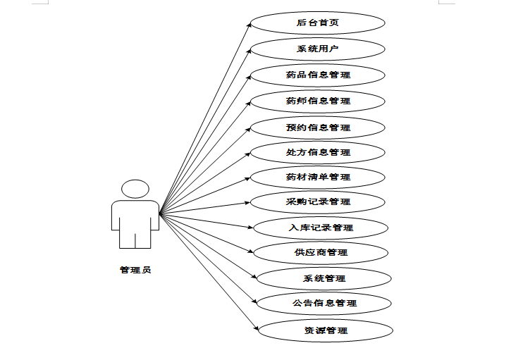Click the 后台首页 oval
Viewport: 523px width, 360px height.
[x=318, y=23]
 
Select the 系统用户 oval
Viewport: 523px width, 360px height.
[x=318, y=49]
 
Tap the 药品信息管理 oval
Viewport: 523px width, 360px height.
[x=318, y=75]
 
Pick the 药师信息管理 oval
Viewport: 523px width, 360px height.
[x=318, y=101]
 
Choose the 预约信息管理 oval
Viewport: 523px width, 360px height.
[x=318, y=128]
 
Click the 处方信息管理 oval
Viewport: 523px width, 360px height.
[x=318, y=152]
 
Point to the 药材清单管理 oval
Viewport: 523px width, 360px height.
[x=318, y=177]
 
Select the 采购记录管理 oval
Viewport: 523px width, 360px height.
[x=318, y=202]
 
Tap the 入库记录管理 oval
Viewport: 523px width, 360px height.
[x=321, y=228]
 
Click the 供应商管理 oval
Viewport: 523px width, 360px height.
[x=321, y=252]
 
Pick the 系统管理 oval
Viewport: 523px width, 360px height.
[x=324, y=278]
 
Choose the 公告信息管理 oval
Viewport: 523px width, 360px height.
[x=324, y=303]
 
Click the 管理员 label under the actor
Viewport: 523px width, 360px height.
[x=135, y=269]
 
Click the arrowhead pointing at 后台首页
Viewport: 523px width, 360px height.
[x=249, y=25]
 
